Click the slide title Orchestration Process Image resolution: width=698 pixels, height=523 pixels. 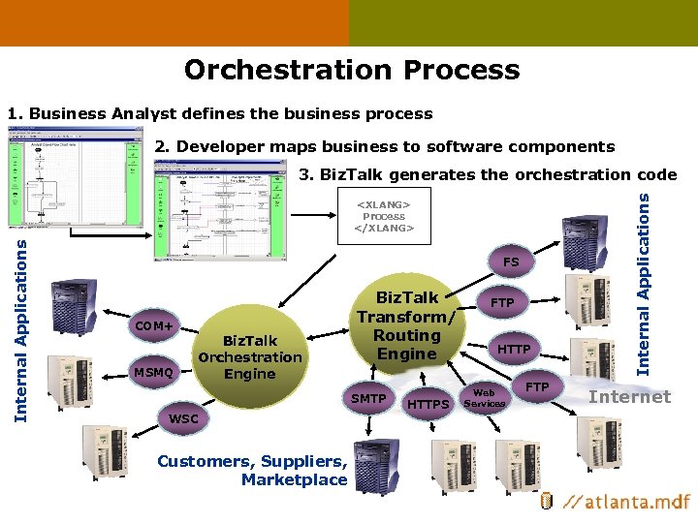pyautogui.click(x=351, y=70)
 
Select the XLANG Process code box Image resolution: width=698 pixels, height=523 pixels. pyautogui.click(x=384, y=216)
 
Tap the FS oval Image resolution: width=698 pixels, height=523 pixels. pyautogui.click(x=510, y=262)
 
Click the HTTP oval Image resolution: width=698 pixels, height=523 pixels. pyautogui.click(x=513, y=349)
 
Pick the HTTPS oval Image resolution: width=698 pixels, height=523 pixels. pyautogui.click(x=427, y=403)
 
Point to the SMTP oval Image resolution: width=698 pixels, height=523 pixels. pyautogui.click(x=368, y=398)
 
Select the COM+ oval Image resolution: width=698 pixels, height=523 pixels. pyautogui.click(x=154, y=326)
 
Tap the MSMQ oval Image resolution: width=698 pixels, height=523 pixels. pyautogui.click(x=153, y=372)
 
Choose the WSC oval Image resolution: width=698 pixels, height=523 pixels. pyautogui.click(x=183, y=418)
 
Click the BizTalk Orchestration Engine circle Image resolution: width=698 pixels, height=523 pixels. pyautogui.click(x=250, y=356)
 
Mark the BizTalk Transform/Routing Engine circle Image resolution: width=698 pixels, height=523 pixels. pyautogui.click(x=407, y=325)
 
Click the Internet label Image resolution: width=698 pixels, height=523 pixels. pyautogui.click(x=629, y=396)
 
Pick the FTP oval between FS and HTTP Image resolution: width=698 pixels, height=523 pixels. pyautogui.click(x=502, y=303)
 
